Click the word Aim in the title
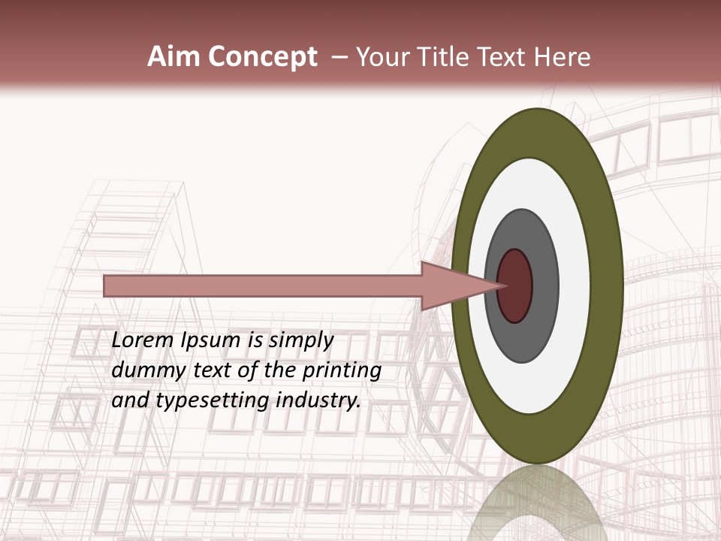170,57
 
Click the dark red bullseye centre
517,286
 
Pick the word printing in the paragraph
342,371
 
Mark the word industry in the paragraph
318,401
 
